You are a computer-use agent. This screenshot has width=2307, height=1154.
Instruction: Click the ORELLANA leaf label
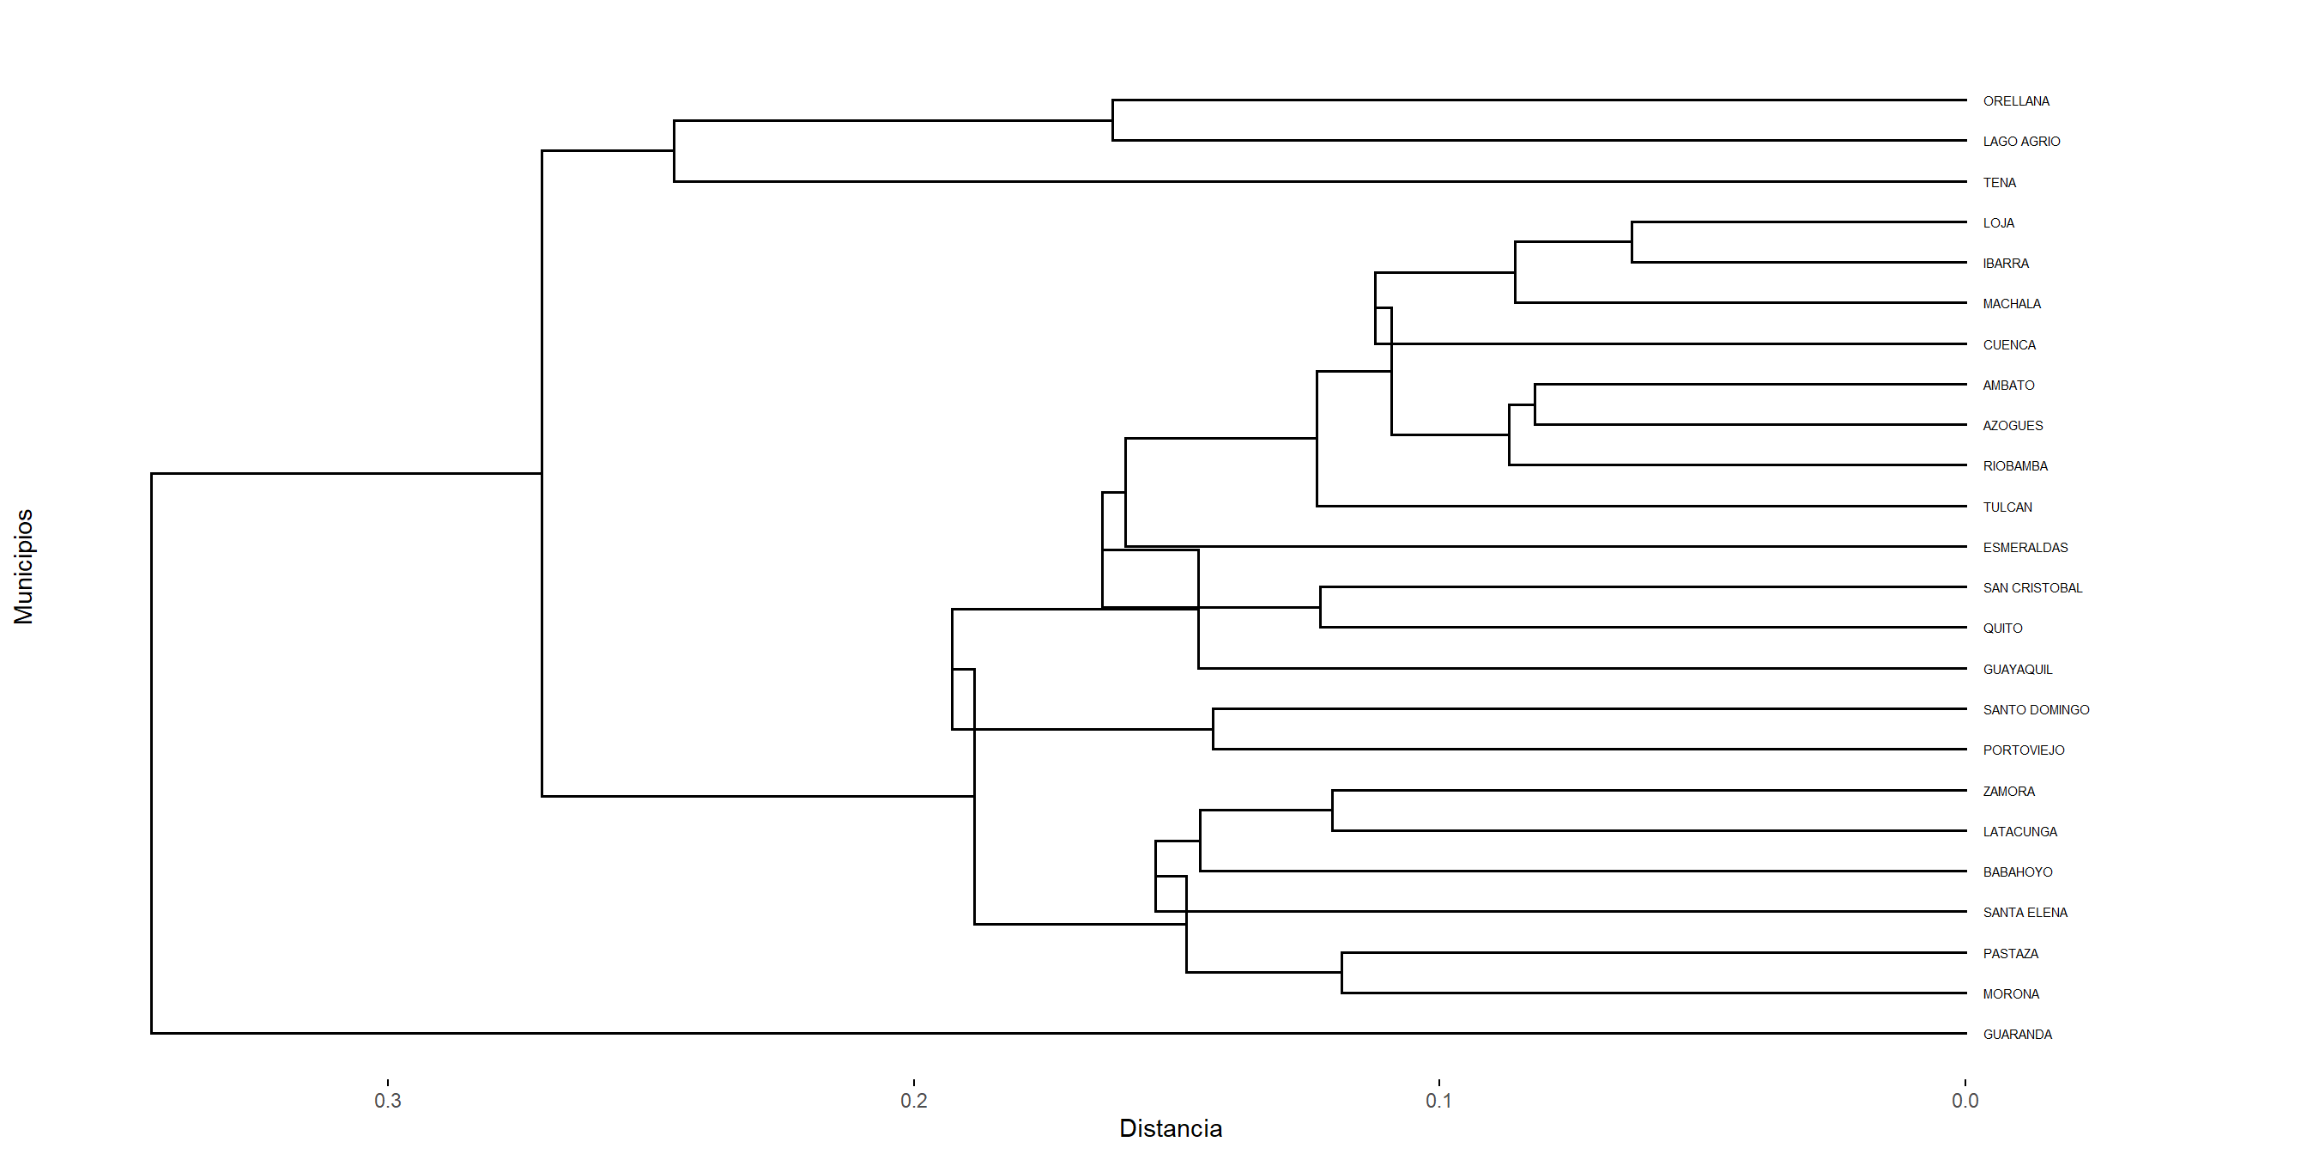(x=2015, y=101)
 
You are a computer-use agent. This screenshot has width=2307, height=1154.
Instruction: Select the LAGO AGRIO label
(x=2020, y=142)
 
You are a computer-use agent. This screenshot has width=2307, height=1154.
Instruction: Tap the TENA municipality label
(x=1999, y=183)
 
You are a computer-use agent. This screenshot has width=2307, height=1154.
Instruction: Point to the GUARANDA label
(x=2017, y=1035)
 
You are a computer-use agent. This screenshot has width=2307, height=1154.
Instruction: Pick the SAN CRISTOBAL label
(x=2032, y=588)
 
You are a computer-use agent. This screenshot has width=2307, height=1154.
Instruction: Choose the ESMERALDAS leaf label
(x=2025, y=548)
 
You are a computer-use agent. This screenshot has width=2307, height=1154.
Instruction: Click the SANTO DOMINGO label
(x=2036, y=709)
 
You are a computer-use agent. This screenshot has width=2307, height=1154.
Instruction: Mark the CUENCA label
(x=2009, y=345)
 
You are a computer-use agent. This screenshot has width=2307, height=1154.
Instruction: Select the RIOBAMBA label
(x=2015, y=466)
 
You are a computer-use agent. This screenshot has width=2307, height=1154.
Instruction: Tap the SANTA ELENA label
(x=2025, y=913)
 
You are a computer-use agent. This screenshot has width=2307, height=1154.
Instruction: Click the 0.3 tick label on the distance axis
(x=388, y=1100)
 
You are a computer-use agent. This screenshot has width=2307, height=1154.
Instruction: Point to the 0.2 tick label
(x=913, y=1100)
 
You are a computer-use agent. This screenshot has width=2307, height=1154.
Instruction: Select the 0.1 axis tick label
(x=1439, y=1100)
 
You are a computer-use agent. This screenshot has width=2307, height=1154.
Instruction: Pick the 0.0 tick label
(x=1965, y=1100)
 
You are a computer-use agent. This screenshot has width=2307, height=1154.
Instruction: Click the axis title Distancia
(x=1171, y=1129)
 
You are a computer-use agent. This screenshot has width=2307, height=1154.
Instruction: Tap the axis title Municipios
(x=23, y=566)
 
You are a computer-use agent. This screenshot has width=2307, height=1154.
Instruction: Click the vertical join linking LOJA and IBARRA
(x=1632, y=242)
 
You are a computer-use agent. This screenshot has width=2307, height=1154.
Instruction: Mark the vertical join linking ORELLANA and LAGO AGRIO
(x=1112, y=120)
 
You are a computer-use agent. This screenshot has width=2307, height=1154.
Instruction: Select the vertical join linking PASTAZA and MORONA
(x=1341, y=973)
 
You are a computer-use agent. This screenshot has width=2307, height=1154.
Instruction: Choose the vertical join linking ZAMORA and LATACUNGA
(x=1332, y=811)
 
